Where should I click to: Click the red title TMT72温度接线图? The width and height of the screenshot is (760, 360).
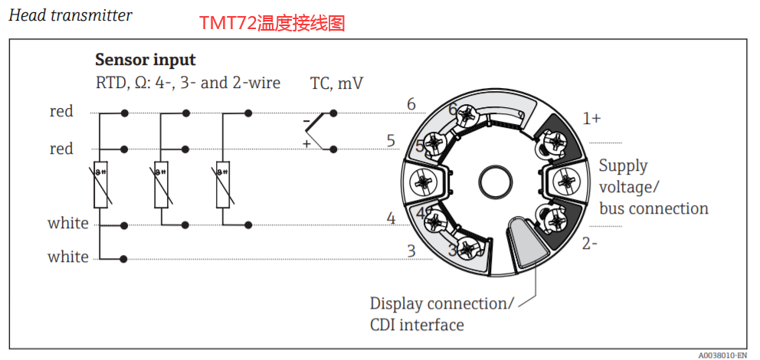click(272, 24)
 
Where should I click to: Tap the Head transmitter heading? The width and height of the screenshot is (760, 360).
click(70, 15)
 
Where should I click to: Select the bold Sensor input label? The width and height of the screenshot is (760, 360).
click(145, 60)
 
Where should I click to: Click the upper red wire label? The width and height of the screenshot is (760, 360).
click(61, 112)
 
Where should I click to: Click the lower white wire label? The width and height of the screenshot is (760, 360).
click(68, 257)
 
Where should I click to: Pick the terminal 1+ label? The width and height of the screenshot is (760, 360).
click(591, 119)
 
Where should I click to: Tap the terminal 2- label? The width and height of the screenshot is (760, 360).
click(589, 244)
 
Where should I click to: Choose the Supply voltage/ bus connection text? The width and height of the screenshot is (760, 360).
click(653, 187)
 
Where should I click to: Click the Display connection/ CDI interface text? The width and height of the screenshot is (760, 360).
click(441, 314)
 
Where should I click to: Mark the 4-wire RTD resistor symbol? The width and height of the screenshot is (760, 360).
click(100, 185)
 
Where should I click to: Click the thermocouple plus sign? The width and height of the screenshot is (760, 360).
click(306, 143)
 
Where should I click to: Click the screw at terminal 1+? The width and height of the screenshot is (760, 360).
click(555, 142)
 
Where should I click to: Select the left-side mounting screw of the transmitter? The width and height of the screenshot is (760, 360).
click(424, 182)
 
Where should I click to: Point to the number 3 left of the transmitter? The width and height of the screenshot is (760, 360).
click(411, 250)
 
